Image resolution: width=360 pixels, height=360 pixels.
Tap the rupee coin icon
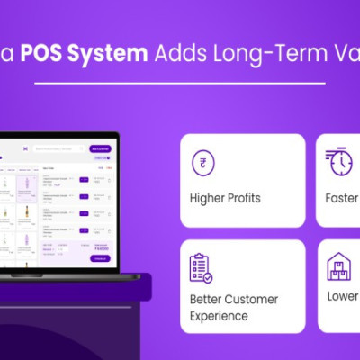click(202, 164)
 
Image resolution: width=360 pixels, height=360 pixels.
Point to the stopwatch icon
click(339, 163)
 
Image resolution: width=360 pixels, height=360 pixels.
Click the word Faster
click(343, 198)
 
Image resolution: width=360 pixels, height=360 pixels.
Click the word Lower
click(343, 296)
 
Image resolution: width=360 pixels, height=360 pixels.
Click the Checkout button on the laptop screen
click(100, 258)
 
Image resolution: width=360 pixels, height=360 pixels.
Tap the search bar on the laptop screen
click(58, 147)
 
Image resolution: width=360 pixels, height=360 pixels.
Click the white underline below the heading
click(180, 83)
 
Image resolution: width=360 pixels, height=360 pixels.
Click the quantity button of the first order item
click(85, 180)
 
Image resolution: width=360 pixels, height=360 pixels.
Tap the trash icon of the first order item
click(109, 181)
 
